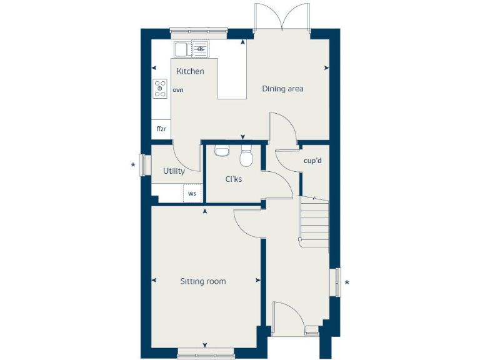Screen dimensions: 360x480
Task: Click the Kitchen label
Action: pos(190,71)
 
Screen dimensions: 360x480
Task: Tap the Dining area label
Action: pos(282,89)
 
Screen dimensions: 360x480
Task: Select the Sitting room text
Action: pos(203,281)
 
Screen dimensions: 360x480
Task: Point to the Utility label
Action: pos(174,171)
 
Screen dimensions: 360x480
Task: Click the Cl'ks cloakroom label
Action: pos(234,179)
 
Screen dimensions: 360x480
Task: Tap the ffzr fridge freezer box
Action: pos(161,129)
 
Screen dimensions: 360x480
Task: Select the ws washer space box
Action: pos(192,194)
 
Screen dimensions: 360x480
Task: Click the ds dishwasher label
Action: pos(201,49)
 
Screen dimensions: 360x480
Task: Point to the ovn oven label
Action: pos(177,90)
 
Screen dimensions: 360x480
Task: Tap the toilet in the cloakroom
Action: pos(246,156)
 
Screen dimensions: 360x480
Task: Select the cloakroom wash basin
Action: pos(221,149)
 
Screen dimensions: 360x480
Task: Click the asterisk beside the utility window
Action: pos(132,166)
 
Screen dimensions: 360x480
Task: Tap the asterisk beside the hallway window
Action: pos(347,283)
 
